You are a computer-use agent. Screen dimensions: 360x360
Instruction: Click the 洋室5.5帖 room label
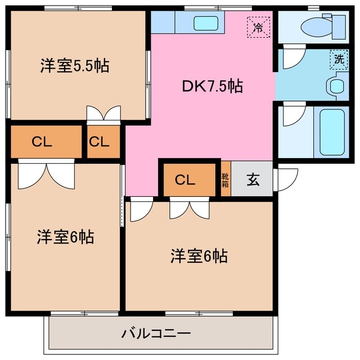(x=74, y=66)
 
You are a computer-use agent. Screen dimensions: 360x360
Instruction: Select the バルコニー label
(x=156, y=334)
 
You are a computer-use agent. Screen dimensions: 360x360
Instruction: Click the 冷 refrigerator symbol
(x=259, y=26)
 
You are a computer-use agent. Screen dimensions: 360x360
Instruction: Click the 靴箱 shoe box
(x=225, y=180)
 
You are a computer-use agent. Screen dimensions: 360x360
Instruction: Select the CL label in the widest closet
(x=42, y=142)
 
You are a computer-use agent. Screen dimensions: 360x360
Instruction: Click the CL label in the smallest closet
(x=98, y=142)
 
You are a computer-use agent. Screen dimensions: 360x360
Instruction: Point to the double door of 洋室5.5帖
(x=103, y=114)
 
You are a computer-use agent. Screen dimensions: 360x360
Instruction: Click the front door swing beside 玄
(x=286, y=180)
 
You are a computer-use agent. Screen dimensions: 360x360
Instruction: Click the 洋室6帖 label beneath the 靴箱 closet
(x=199, y=256)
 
